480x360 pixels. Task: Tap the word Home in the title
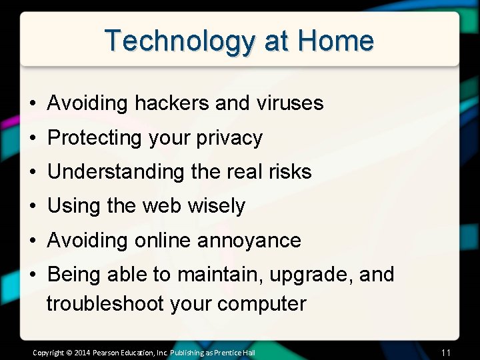[x=336, y=41]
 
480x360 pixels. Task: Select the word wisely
[x=217, y=206]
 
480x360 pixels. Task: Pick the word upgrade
[x=311, y=275]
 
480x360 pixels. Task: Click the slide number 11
[x=447, y=352]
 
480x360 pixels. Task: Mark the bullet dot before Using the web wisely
[x=33, y=207]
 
